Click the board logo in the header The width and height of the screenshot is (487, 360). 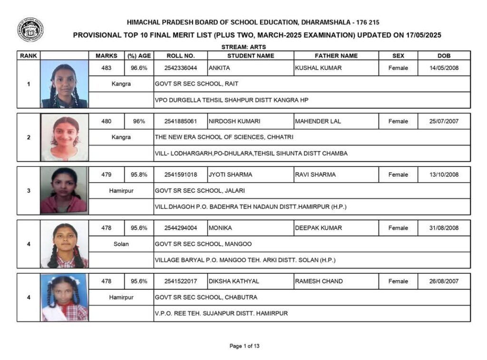point(30,30)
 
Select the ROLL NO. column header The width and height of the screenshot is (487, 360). point(181,56)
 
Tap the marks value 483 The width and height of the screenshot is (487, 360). point(107,68)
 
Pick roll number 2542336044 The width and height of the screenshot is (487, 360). point(181,68)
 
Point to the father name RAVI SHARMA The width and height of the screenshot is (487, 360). point(315,175)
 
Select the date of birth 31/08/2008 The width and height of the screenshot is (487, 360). point(444,228)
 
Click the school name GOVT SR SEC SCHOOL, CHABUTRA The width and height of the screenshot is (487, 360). point(206,297)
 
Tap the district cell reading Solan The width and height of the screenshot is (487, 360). point(121,244)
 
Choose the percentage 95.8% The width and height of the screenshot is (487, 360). point(139,175)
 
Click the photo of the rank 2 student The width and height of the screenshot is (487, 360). point(64,138)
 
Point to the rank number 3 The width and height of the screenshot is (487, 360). point(29,191)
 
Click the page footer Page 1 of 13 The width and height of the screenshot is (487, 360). point(244,346)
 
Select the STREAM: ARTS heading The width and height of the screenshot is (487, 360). point(243,47)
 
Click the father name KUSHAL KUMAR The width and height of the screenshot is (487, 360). point(318,68)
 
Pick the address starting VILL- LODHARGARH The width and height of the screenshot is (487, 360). point(251,154)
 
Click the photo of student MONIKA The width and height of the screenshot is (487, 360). point(64,244)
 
